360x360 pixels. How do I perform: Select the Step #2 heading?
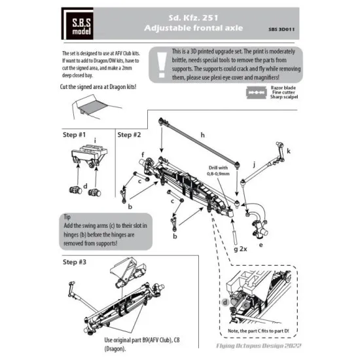[130, 134]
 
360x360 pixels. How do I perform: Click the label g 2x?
[238, 250]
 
